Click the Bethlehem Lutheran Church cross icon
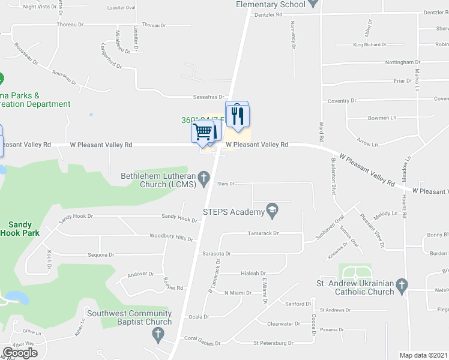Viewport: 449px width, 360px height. tap(203, 177)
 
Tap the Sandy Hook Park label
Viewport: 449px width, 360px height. tap(20, 228)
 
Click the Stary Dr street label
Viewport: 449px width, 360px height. tap(226, 184)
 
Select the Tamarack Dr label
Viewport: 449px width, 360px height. tap(264, 233)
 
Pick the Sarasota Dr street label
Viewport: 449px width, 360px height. tap(217, 254)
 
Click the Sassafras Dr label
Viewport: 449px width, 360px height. tap(208, 97)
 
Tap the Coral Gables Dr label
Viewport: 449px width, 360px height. tap(199, 338)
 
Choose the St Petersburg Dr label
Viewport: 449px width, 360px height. tap(273, 343)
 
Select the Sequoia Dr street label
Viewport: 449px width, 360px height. tap(101, 254)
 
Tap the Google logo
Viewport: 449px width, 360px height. tap(20, 353)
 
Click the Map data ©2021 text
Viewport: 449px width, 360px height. tap(423, 355)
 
